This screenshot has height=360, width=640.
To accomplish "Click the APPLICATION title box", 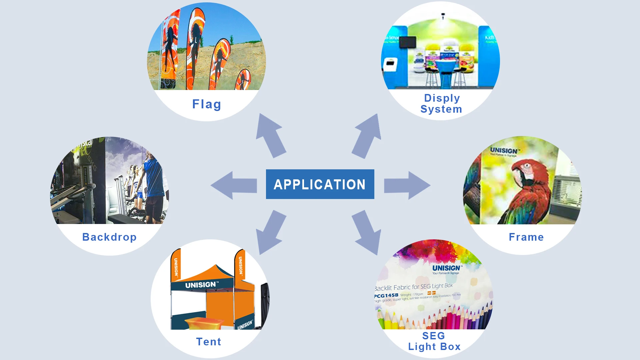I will click(320, 184).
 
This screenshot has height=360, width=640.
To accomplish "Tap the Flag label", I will click(207, 104).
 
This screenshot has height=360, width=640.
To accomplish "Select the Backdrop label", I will click(109, 237).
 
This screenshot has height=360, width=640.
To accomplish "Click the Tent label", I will click(209, 342).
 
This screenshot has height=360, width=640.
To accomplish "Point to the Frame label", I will click(526, 237).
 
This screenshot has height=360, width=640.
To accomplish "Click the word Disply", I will click(442, 98).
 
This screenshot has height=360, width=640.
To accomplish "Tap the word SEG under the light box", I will click(434, 336).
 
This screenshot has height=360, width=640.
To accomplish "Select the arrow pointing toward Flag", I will click(270, 135).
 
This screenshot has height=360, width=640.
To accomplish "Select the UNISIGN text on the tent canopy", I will click(201, 285).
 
